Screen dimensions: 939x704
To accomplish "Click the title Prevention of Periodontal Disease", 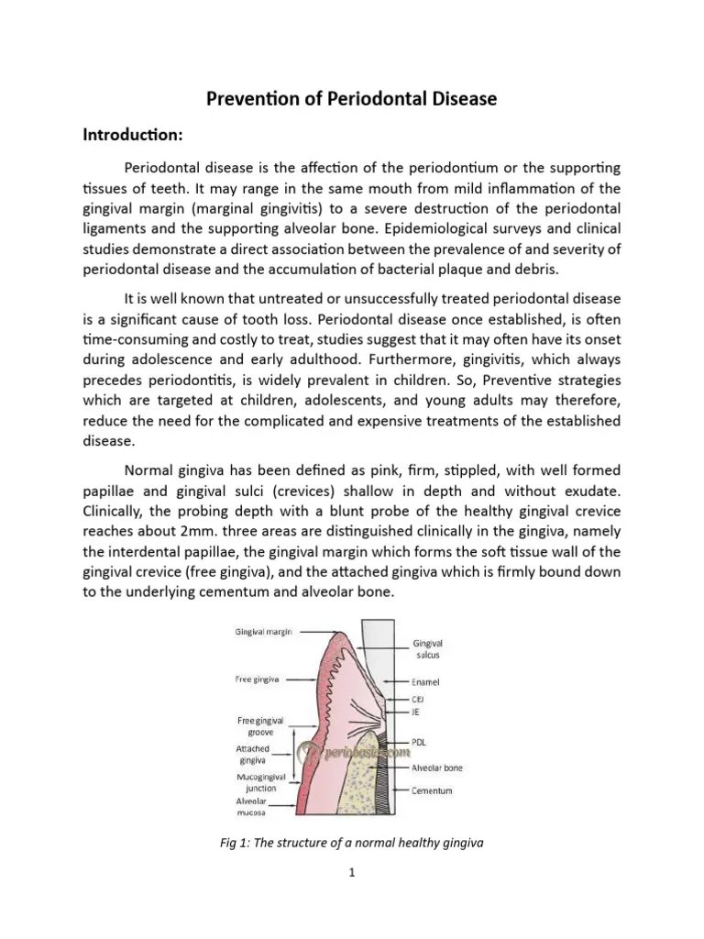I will (x=350, y=98).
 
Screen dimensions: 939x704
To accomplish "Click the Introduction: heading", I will (x=133, y=135).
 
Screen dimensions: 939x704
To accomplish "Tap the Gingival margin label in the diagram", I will (x=264, y=632).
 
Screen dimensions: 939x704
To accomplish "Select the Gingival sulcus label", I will (x=427, y=650).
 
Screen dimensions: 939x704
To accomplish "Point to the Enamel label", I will (x=425, y=682).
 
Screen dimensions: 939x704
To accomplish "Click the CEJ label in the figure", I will (x=418, y=699).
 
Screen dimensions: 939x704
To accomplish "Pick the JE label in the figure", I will (x=416, y=711).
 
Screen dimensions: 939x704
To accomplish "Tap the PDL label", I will (x=419, y=743).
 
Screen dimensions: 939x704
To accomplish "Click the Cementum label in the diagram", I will (x=431, y=790).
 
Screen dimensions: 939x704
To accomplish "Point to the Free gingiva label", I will (x=258, y=679).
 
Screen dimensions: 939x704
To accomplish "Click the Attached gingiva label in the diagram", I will (x=252, y=755).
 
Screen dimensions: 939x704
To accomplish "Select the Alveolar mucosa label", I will (x=251, y=806).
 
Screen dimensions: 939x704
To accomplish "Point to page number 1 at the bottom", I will (x=351, y=873).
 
